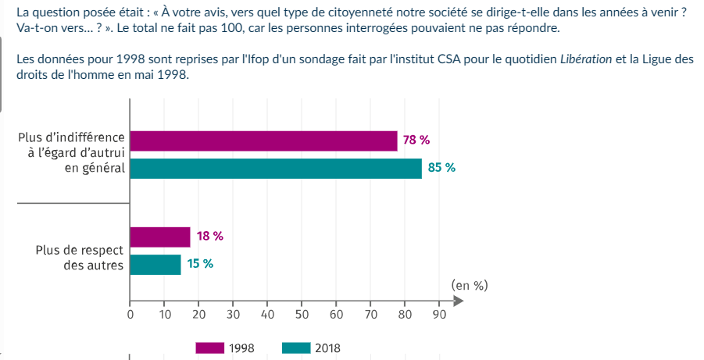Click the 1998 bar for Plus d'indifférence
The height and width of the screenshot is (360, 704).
point(263,141)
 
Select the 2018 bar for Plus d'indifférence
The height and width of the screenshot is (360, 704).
point(276,169)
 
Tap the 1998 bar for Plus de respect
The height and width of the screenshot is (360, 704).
point(160,237)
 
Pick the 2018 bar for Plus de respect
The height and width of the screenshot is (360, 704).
point(155,265)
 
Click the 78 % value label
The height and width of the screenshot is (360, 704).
point(416,141)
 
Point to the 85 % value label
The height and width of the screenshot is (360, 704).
point(441,168)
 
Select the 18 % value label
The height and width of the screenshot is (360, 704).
point(209,236)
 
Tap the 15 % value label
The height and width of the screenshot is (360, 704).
point(200,263)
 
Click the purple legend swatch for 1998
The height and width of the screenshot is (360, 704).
point(209,348)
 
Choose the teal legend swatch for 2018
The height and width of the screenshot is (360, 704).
point(296,348)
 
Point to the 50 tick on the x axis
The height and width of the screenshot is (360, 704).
point(302,314)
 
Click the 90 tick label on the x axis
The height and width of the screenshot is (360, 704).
point(439,314)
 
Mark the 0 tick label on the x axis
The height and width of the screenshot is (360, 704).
point(130,314)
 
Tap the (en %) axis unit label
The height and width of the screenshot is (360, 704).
point(469,286)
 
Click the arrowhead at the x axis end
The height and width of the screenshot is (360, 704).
point(459,301)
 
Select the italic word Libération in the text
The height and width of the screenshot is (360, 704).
point(586,59)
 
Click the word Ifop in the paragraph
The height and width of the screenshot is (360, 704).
point(258,59)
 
